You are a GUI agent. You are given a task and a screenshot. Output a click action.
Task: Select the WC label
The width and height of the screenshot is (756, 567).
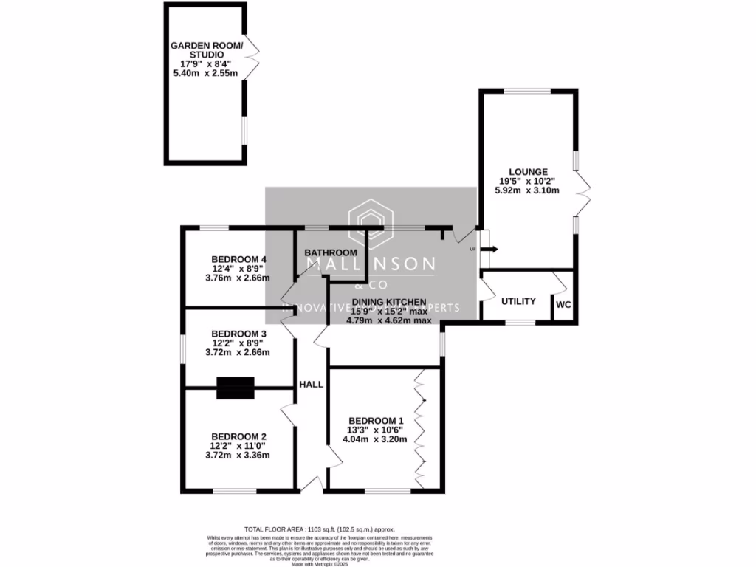tap(563, 304)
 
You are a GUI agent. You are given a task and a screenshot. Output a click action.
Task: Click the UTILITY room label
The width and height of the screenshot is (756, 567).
tap(518, 302)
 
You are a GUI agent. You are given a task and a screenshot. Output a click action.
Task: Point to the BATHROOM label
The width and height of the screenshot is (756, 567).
tap(331, 253)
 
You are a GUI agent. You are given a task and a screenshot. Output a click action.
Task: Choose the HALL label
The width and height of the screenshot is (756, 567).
tap(310, 385)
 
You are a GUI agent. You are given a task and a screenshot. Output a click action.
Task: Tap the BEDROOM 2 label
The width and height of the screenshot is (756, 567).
tap(238, 436)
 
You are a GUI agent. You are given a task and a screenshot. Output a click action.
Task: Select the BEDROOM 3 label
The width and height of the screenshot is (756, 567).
tap(238, 334)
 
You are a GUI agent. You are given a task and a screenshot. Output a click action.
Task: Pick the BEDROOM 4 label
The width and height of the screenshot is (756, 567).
tap(238, 259)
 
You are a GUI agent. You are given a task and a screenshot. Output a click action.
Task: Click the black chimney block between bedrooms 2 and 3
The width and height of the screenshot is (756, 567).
tap(235, 388)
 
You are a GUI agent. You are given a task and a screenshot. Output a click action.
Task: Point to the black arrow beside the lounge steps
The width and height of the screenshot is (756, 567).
tap(491, 250)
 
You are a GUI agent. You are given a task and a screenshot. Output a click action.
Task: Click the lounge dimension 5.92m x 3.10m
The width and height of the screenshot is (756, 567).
tap(529, 190)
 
